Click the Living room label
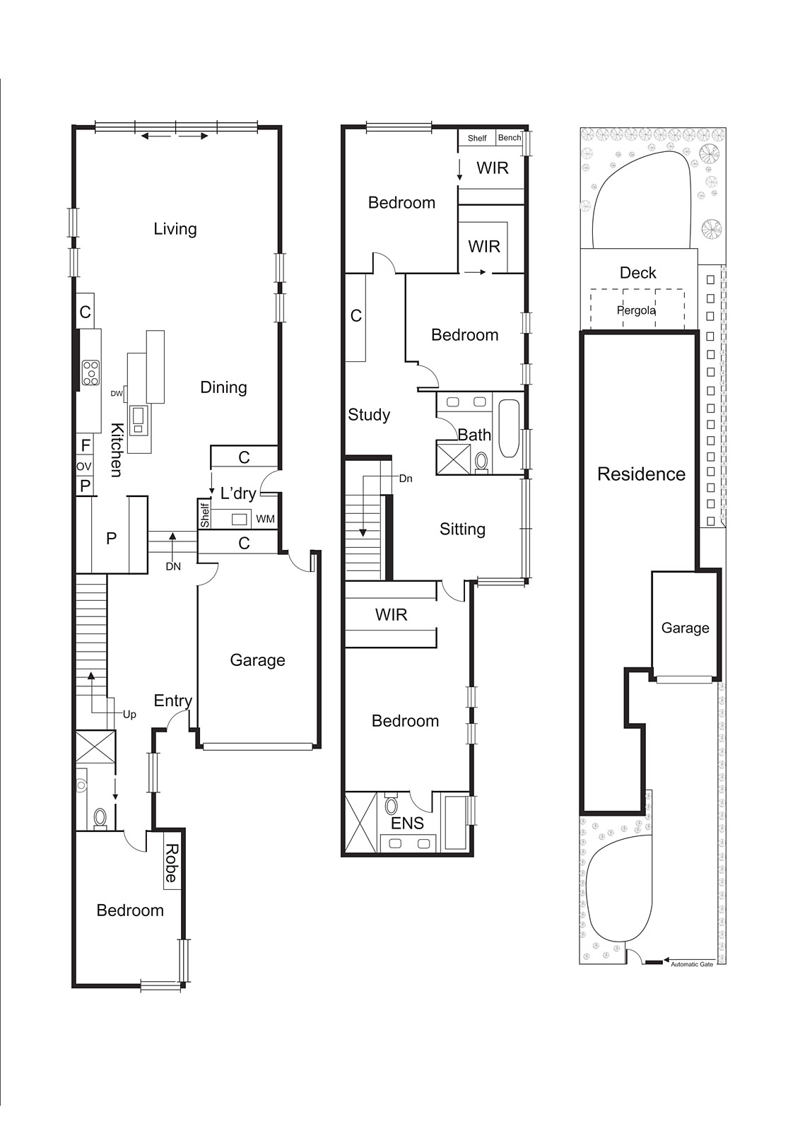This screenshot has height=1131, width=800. click(x=175, y=229)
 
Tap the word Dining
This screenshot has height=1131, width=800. click(x=223, y=387)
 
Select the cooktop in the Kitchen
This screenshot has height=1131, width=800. click(x=90, y=373)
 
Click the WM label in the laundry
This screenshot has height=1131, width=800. click(x=265, y=520)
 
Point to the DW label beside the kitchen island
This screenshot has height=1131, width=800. click(x=117, y=394)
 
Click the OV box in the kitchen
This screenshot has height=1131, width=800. click(x=84, y=467)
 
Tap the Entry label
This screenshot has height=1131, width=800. click(x=173, y=701)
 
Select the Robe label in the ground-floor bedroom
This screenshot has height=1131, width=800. click(x=171, y=863)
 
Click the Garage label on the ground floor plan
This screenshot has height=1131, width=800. click(x=257, y=660)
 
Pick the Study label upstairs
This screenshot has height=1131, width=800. click(x=369, y=415)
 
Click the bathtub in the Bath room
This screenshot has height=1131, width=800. click(x=509, y=428)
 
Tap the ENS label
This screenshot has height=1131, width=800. click(x=407, y=823)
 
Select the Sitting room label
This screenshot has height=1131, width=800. click(x=462, y=529)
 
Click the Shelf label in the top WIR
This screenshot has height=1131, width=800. click(x=477, y=139)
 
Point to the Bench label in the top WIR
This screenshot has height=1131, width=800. click(x=509, y=138)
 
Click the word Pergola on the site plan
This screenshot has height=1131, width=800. click(x=636, y=310)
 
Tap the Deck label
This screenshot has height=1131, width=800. click(x=637, y=273)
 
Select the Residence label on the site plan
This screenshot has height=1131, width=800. click(x=641, y=474)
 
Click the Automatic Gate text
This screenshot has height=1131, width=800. click(x=692, y=964)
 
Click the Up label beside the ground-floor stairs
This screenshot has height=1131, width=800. click(x=129, y=715)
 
